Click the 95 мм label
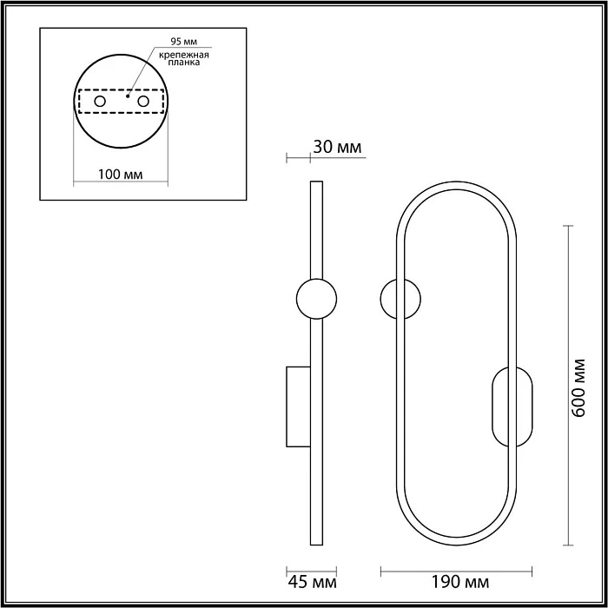pyautogui.click(x=184, y=42)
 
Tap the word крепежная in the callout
pyautogui.click(x=184, y=55)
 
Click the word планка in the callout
pyautogui.click(x=184, y=62)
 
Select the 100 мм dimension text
pyautogui.click(x=120, y=175)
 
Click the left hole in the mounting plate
pyautogui.click(x=100, y=102)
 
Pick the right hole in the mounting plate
pyautogui.click(x=143, y=102)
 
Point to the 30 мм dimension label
pyautogui.click(x=337, y=148)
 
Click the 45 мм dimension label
pyautogui.click(x=312, y=582)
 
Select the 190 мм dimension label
pyautogui.click(x=460, y=582)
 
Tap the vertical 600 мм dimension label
pyautogui.click(x=578, y=387)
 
